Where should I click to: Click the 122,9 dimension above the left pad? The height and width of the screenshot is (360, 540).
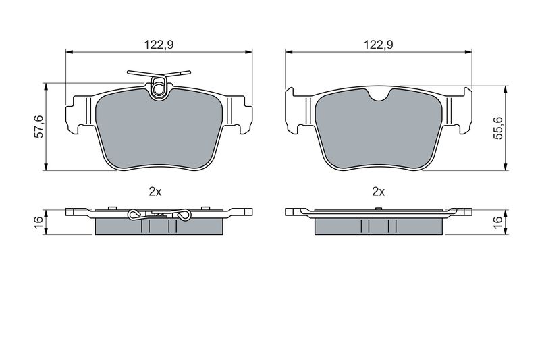tap(159, 45)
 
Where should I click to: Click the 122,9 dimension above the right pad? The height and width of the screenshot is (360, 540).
tap(379, 45)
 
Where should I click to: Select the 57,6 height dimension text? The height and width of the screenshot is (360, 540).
tap(39, 127)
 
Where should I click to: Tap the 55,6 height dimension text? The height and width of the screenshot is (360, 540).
tap(498, 128)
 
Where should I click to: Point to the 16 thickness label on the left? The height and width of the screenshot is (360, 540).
tap(39, 222)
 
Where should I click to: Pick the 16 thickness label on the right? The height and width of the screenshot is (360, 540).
tap(498, 222)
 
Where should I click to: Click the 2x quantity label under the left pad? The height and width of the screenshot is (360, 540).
tap(155, 192)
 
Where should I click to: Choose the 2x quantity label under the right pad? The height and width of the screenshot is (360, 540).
tap(379, 192)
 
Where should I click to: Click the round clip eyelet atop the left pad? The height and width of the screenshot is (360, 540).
tap(159, 90)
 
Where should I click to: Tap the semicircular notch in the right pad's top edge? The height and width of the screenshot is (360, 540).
tap(379, 95)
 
